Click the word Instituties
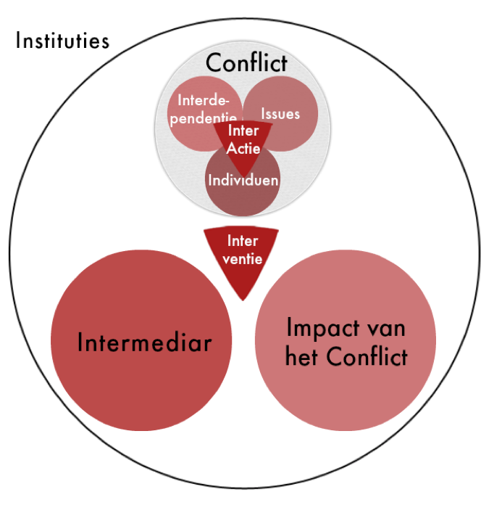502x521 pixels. pos(62,39)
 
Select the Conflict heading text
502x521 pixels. pos(246,62)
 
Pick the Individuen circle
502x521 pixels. pos(243,189)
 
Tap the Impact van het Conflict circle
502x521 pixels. pos(346,341)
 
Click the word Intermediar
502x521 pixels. pos(144,341)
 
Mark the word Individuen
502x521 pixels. pos(243,180)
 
